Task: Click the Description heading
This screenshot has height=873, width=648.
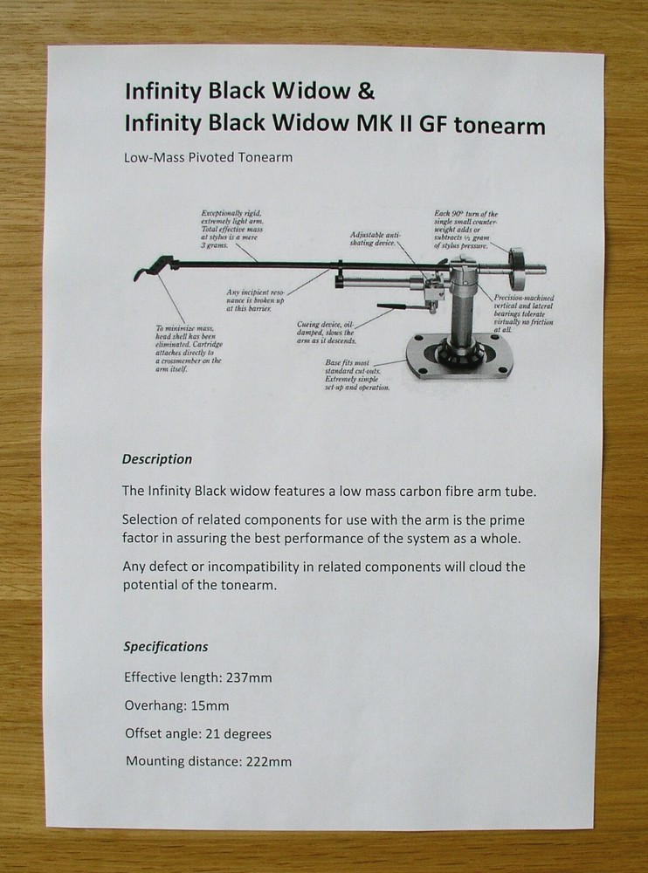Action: pyautogui.click(x=157, y=459)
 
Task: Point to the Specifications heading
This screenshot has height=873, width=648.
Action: pyautogui.click(x=166, y=647)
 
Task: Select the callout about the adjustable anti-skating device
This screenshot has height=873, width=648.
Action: pyautogui.click(x=376, y=239)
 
